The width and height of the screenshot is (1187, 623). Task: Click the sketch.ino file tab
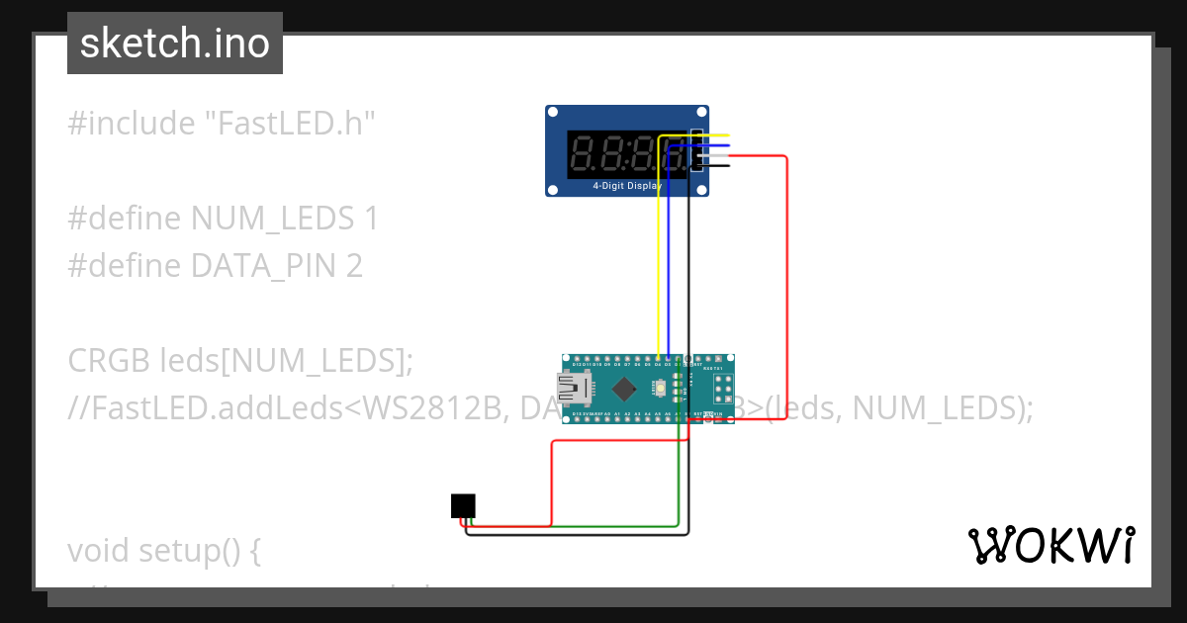coord(175,44)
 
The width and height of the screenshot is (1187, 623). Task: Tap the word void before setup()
coord(100,550)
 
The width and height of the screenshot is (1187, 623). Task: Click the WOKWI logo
coord(1050,545)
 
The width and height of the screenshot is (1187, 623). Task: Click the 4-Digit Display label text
coord(627,186)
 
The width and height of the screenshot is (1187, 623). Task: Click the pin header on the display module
coord(696,150)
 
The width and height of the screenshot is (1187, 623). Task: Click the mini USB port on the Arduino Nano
coord(572,388)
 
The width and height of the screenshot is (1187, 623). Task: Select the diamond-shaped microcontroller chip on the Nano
coord(624,387)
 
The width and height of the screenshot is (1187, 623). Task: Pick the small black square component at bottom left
coord(463,505)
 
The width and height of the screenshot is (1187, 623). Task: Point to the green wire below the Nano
coord(678,475)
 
